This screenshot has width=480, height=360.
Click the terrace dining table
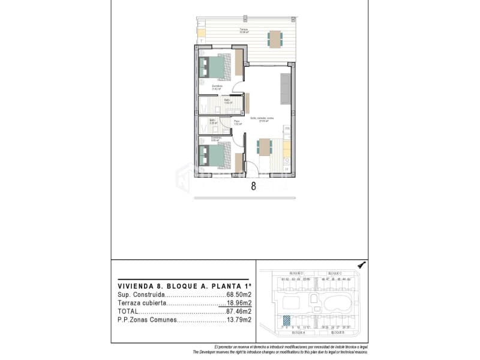[275, 39]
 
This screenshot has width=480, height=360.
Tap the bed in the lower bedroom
[215, 155]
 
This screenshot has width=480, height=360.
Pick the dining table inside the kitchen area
[265, 146]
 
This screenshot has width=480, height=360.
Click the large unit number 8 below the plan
[253, 186]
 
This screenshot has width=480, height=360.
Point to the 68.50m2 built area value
[239, 295]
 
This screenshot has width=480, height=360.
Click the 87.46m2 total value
[239, 311]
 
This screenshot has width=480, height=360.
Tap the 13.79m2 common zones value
[239, 320]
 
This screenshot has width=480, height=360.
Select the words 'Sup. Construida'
[141, 295]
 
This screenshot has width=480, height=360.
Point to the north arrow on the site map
[361, 265]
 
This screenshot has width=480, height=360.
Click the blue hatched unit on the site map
[287, 320]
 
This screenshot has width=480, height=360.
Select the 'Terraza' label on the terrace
[244, 29]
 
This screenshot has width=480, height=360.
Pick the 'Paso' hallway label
[237, 122]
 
